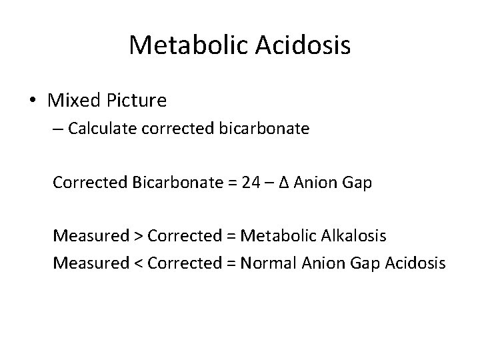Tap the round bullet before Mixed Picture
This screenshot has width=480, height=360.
pyautogui.click(x=33, y=101)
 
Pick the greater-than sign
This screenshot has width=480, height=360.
pyautogui.click(x=137, y=235)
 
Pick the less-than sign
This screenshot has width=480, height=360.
pyautogui.click(x=137, y=262)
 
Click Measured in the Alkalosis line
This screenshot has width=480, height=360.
pyautogui.click(x=91, y=235)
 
